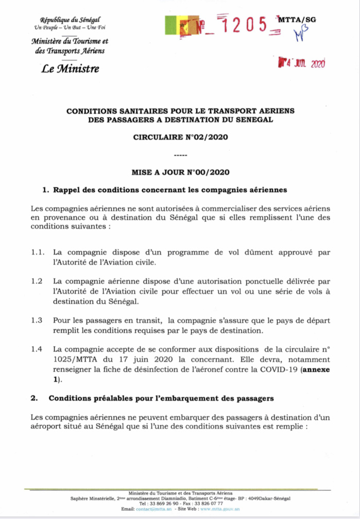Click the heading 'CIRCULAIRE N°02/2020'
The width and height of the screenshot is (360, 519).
180,137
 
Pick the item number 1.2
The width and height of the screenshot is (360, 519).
37,281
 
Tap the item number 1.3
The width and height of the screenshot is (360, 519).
37,320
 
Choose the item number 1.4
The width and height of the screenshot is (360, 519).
37,350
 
